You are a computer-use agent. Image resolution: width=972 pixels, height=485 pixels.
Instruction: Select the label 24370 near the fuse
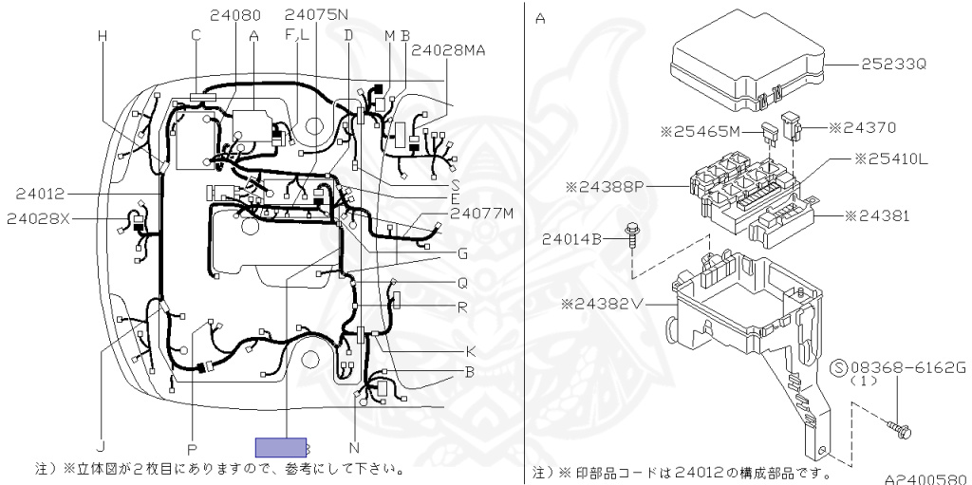[x=864, y=126]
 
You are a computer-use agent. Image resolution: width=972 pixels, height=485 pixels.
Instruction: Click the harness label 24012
[x=39, y=194]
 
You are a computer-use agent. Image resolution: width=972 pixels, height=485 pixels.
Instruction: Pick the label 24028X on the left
[x=39, y=219]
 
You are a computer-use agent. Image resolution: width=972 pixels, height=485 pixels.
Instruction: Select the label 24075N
[x=317, y=14]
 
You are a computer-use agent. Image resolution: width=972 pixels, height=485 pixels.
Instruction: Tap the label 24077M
[x=481, y=213]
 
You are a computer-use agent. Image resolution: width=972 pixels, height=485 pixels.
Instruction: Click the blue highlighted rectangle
[x=280, y=447]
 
